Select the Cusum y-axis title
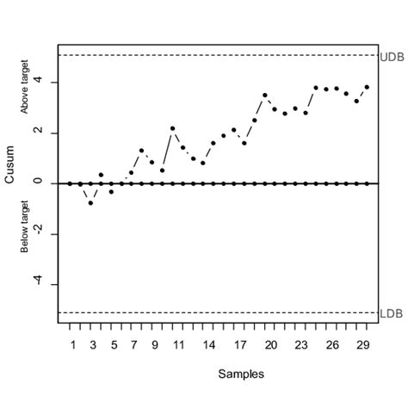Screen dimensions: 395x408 [x=10, y=182]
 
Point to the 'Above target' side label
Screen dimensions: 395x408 [x=25, y=86]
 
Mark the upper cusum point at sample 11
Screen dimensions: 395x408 [x=172, y=128]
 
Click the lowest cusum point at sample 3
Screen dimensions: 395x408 [x=90, y=202]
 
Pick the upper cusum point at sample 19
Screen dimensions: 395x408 [x=264, y=95]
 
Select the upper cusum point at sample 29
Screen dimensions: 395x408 [x=367, y=87]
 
